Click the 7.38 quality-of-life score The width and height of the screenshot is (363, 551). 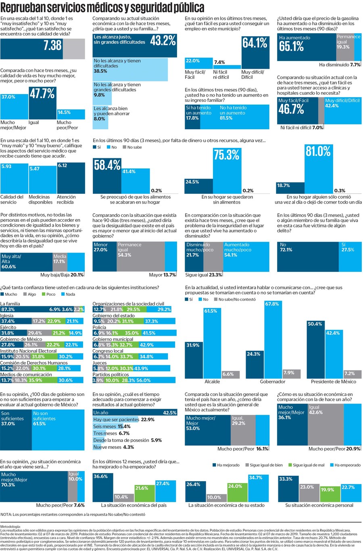click(x=52, y=45)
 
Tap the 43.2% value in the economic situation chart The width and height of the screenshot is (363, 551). click(x=163, y=40)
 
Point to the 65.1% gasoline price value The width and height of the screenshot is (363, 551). click(x=291, y=46)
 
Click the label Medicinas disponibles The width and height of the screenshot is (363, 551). click(x=40, y=200)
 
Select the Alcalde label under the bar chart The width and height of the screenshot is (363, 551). click(x=213, y=381)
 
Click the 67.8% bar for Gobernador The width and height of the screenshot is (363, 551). click(x=272, y=339)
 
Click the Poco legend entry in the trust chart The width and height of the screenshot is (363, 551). click(x=48, y=294)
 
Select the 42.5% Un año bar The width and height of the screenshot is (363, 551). click(x=135, y=413)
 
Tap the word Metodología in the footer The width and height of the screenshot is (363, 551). click(x=10, y=527)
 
